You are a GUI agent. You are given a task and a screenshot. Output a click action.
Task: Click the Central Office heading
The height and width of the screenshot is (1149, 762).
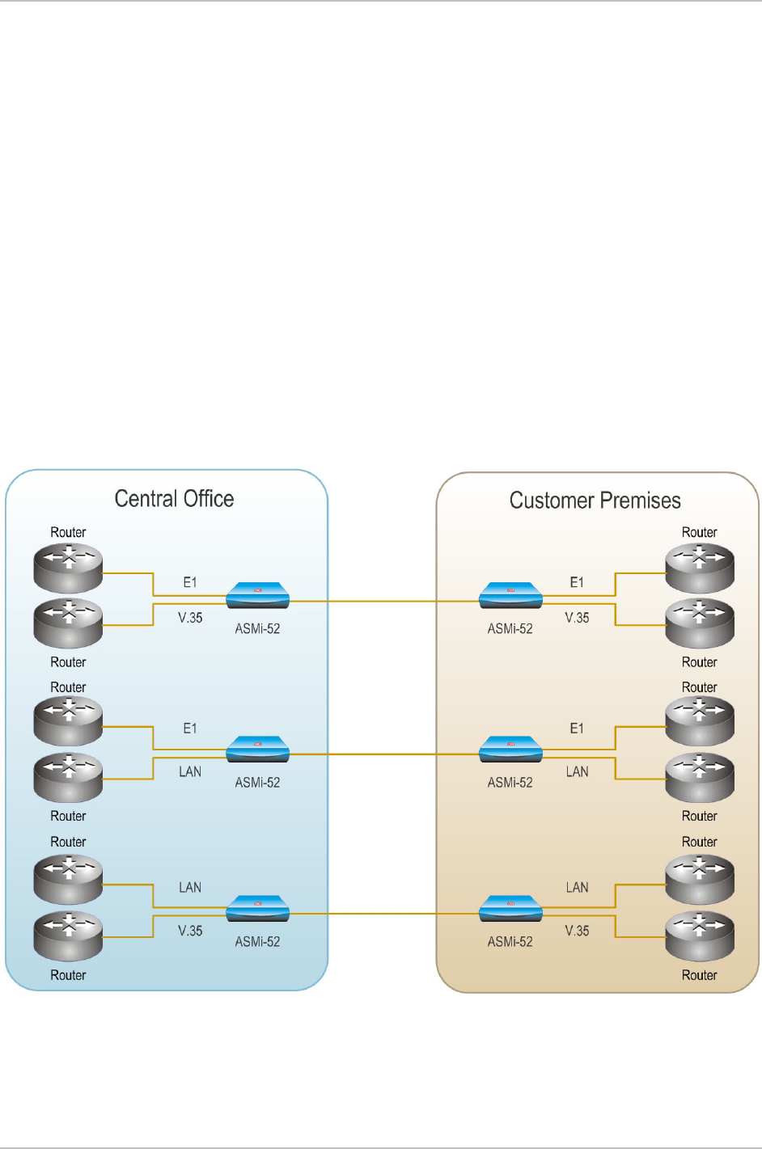click(x=174, y=499)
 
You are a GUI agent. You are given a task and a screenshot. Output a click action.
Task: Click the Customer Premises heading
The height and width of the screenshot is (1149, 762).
click(x=595, y=501)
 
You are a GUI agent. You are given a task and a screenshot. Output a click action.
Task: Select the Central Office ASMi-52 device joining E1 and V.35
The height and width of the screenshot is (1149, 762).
click(x=257, y=596)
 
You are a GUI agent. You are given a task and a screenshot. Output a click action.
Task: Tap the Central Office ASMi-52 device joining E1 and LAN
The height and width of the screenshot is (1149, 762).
click(x=257, y=750)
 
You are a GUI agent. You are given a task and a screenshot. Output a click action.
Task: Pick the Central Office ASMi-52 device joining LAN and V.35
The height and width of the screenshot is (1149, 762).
click(x=257, y=909)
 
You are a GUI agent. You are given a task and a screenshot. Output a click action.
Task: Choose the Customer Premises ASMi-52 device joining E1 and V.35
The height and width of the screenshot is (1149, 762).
click(x=510, y=596)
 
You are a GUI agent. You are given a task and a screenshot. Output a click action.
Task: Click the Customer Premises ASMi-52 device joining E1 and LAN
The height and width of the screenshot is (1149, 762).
click(x=510, y=750)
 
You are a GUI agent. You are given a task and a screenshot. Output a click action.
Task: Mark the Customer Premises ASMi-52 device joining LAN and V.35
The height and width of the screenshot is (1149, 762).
click(x=510, y=909)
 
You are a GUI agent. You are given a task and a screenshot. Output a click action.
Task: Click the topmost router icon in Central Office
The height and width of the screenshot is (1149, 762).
click(x=68, y=567)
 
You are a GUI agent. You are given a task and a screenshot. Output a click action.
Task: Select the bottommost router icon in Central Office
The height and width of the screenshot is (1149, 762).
click(x=68, y=936)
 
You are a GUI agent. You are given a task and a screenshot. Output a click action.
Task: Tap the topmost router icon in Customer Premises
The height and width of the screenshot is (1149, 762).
click(x=700, y=567)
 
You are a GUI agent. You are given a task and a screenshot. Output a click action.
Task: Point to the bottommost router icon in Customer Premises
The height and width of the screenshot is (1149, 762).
click(x=700, y=936)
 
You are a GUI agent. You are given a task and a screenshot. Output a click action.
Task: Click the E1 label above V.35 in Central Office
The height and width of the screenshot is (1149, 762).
click(x=190, y=582)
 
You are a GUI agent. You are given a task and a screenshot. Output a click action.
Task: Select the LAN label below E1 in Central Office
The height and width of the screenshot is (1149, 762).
click(x=190, y=772)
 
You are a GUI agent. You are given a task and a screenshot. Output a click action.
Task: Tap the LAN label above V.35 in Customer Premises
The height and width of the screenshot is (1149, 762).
click(x=577, y=888)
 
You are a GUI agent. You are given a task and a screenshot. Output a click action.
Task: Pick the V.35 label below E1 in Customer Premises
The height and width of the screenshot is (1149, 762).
click(x=577, y=618)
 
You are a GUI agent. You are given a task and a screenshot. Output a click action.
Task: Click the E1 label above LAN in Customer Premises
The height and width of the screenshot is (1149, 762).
click(x=577, y=729)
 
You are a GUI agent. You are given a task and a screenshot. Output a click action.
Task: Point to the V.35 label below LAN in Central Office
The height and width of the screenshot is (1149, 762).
click(x=190, y=931)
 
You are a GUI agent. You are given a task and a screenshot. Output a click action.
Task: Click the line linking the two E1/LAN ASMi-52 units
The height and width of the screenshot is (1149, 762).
click(x=384, y=754)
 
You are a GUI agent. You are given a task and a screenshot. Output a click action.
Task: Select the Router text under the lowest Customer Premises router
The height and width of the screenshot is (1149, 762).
click(x=700, y=975)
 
